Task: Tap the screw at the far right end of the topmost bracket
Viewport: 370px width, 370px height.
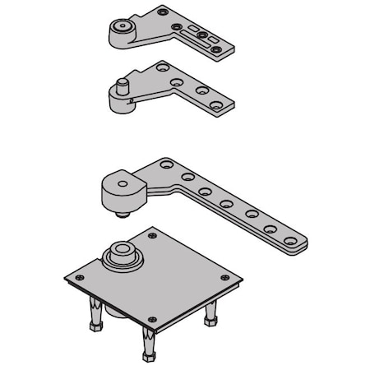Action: click(x=216, y=49)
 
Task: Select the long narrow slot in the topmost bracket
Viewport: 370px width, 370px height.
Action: click(x=205, y=38)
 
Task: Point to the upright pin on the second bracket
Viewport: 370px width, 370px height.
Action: click(x=121, y=86)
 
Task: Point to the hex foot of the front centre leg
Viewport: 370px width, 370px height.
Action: click(x=150, y=356)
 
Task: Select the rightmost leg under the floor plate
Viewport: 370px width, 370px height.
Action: click(x=211, y=313)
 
